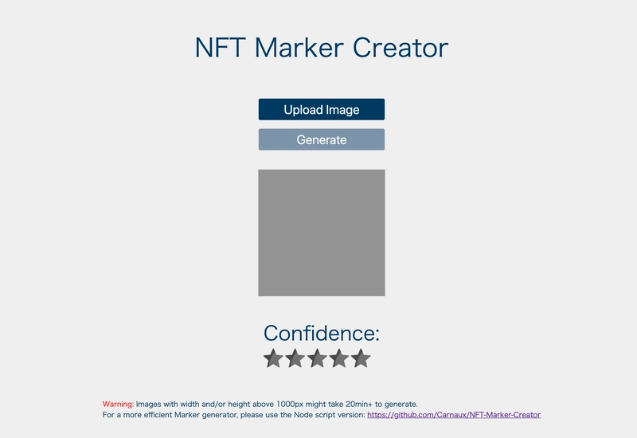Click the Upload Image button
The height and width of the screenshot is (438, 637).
(322, 109)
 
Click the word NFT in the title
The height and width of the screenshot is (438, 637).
(221, 48)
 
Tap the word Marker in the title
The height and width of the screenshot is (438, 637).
(299, 48)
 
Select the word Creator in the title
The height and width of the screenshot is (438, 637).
(401, 48)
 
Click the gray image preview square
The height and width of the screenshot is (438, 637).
(322, 233)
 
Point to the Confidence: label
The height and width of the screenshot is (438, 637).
(322, 333)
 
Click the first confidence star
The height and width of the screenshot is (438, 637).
(273, 358)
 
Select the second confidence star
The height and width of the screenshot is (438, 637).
(295, 358)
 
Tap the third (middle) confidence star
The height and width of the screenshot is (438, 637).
(317, 358)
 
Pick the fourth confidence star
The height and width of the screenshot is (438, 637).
(339, 358)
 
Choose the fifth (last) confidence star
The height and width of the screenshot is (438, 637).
(361, 358)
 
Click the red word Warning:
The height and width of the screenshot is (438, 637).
(118, 405)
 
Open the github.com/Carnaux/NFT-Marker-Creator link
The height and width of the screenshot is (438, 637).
(454, 415)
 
